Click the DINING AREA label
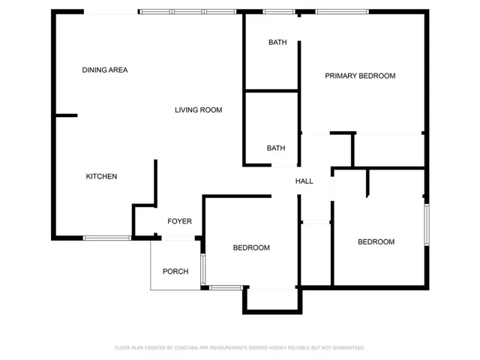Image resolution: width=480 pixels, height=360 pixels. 105,70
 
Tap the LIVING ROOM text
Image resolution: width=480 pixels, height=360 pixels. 198,110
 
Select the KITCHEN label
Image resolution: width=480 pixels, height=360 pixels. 101,176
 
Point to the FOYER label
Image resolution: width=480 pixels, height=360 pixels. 179,221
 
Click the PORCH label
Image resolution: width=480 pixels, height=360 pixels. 175,271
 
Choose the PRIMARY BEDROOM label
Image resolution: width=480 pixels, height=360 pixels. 360,76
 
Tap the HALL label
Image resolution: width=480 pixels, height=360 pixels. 304,181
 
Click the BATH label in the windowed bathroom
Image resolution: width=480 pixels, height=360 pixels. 277,42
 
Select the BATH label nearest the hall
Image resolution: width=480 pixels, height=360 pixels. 276,148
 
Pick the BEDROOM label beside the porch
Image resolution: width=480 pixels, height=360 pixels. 251,247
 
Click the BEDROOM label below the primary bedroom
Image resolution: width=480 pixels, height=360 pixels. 376,241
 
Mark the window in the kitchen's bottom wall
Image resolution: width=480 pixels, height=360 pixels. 107,238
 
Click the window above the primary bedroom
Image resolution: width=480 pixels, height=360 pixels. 342,12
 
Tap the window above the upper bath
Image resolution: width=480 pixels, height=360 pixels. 278,12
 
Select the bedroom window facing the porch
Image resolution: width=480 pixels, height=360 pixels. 202,269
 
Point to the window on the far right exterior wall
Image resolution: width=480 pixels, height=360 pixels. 427,225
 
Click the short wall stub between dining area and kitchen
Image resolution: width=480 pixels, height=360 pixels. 67,115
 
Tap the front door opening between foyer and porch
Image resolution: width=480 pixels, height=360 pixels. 178,238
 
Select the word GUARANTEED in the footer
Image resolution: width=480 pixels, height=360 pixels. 349,348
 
